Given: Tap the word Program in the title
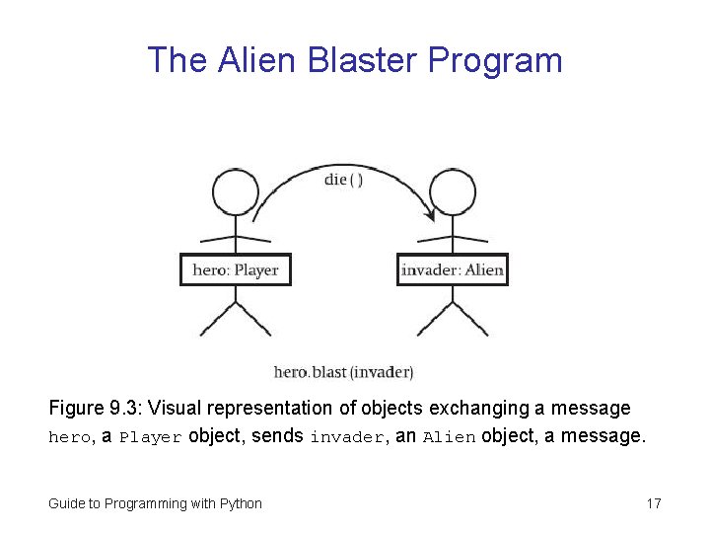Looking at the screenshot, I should click(x=495, y=60).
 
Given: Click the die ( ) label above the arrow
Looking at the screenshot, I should click(x=343, y=181).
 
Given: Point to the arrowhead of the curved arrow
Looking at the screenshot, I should click(x=430, y=214).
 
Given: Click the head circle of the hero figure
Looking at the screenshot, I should click(x=236, y=192).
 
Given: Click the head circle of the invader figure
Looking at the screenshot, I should click(x=453, y=192).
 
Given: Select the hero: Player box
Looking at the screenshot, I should click(x=236, y=269).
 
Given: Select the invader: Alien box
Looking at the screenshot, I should click(x=453, y=269).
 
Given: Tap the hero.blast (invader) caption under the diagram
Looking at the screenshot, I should click(x=343, y=372).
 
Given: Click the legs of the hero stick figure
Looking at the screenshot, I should click(x=236, y=318).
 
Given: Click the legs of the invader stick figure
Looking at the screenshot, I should click(x=453, y=318).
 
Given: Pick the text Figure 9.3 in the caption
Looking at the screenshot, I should click(x=91, y=409).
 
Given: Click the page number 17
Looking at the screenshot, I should click(x=654, y=503).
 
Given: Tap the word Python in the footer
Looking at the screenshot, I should click(x=242, y=503).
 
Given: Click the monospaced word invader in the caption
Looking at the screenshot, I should click(x=345, y=437).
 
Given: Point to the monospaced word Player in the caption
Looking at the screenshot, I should click(x=151, y=437).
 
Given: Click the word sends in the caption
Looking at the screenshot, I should click(x=277, y=436).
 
